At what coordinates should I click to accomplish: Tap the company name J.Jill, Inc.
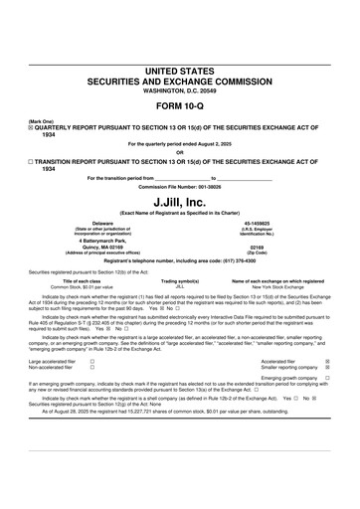pyautogui.click(x=180, y=201)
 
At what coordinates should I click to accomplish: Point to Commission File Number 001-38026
pyautogui.click(x=180, y=186)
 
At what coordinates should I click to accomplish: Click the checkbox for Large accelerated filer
pyautogui.click(x=92, y=362)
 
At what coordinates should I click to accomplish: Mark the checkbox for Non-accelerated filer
pyautogui.click(x=92, y=368)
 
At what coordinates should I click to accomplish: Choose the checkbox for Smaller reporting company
pyautogui.click(x=328, y=368)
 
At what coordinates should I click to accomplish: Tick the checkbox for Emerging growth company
pyautogui.click(x=328, y=378)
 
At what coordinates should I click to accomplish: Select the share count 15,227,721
pyautogui.click(x=136, y=407)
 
